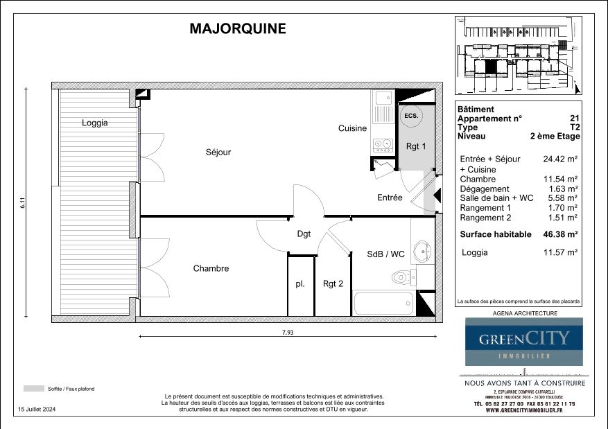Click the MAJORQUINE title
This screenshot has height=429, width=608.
(237, 28)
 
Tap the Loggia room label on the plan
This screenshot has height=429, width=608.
(95, 123)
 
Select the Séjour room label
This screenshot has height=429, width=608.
(218, 152)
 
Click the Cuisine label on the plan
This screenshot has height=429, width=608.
(352, 128)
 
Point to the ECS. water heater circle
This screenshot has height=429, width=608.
(411, 116)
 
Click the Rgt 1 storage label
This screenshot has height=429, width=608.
(415, 146)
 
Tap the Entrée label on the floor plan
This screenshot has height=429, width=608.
(390, 198)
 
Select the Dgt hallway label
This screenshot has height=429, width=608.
(304, 234)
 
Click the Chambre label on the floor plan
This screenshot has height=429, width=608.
(211, 268)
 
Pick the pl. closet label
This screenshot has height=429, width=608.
(300, 283)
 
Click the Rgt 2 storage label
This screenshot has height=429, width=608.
(333, 283)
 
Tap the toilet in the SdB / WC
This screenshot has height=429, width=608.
(401, 278)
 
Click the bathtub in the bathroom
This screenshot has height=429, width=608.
(383, 304)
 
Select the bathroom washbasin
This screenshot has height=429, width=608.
(421, 250)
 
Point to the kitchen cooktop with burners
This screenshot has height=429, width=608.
(382, 145)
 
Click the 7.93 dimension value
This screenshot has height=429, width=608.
(288, 332)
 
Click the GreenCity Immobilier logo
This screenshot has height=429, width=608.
(523, 341)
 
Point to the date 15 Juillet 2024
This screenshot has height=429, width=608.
(37, 410)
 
